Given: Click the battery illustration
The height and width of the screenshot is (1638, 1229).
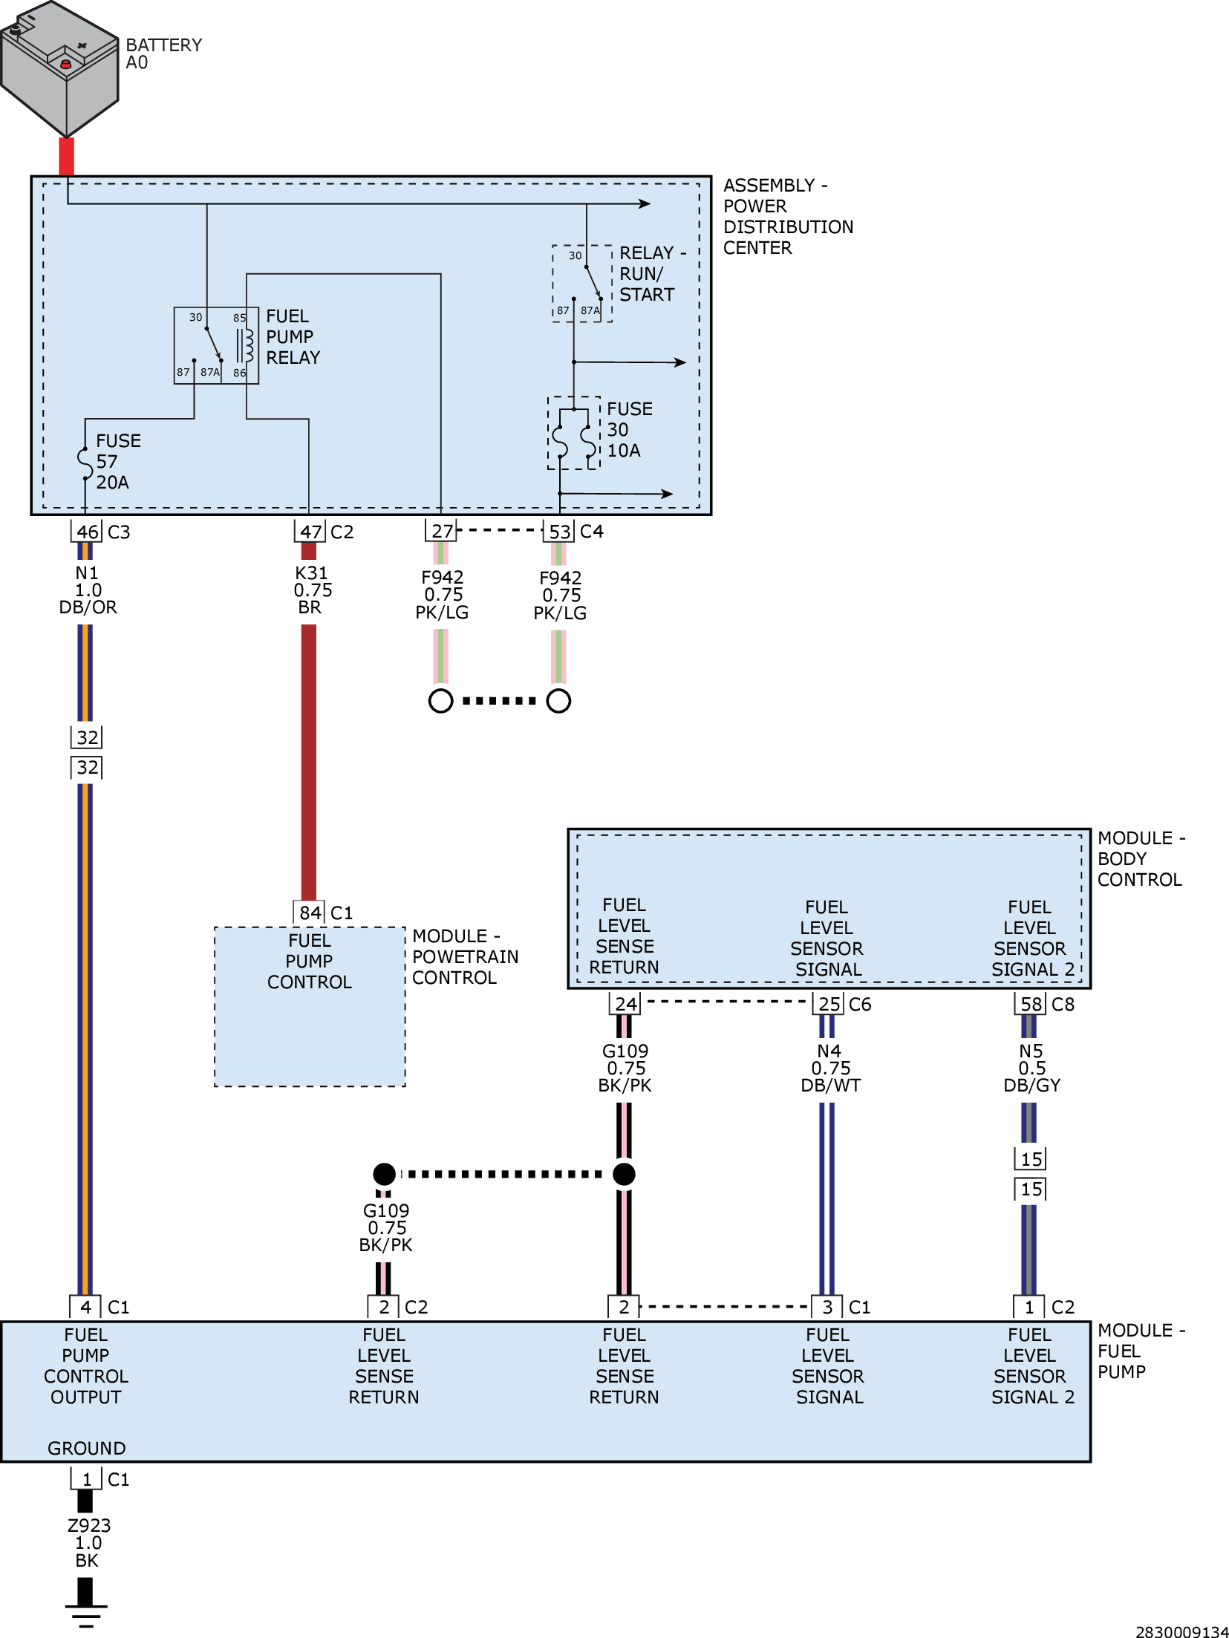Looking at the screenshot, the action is click(x=59, y=68).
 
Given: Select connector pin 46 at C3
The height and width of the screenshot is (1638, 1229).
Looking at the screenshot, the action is click(x=87, y=532).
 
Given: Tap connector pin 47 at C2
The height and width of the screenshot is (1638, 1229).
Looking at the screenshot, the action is click(x=310, y=532).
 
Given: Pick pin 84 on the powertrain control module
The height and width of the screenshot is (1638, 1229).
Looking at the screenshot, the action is click(x=310, y=913).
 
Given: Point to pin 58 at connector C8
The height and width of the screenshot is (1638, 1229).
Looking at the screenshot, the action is click(x=1031, y=1004).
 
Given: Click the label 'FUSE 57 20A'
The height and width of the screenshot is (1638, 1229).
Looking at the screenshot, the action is click(x=113, y=461).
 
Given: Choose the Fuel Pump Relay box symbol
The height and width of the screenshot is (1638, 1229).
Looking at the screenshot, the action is click(x=216, y=345).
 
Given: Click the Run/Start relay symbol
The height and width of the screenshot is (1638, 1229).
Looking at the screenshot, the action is click(x=582, y=283).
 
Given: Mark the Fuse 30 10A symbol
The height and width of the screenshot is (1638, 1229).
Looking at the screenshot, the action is click(x=574, y=433).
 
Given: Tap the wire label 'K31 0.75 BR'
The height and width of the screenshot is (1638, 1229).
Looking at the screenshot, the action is click(x=312, y=590).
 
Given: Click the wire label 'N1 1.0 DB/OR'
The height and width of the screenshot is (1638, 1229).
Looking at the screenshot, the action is click(x=88, y=590).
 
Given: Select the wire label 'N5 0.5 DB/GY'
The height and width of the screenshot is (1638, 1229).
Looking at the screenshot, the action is click(x=1031, y=1068).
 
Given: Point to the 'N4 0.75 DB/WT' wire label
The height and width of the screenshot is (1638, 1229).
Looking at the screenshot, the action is click(x=830, y=1068).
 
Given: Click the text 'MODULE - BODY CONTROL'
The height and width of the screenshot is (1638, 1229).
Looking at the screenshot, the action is click(x=1141, y=859).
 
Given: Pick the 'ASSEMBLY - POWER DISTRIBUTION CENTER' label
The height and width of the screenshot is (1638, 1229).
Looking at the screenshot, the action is click(x=788, y=217).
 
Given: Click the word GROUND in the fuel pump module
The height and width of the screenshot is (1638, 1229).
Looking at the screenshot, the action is click(x=87, y=1449).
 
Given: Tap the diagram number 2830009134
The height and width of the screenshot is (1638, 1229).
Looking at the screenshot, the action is click(x=1181, y=1631).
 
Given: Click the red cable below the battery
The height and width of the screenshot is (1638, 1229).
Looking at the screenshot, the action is click(x=66, y=157).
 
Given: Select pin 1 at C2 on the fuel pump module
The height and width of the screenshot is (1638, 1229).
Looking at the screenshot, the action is click(x=1029, y=1307).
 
